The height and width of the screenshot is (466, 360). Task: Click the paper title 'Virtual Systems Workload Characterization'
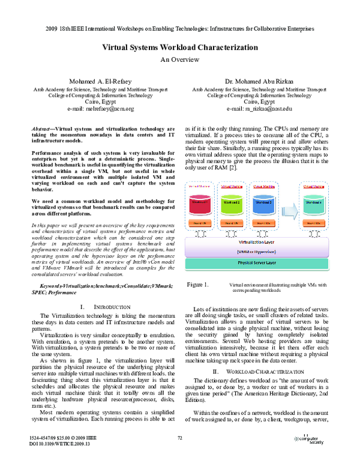[x=179, y=47]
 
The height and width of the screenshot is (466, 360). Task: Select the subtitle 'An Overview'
[x=179, y=59]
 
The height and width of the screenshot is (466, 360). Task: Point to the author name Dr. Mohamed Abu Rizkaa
[x=259, y=80]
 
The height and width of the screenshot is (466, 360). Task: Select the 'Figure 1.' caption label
[x=197, y=283]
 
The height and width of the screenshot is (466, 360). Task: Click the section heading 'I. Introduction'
[x=100, y=307]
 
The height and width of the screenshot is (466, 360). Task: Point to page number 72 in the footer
[x=179, y=439]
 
